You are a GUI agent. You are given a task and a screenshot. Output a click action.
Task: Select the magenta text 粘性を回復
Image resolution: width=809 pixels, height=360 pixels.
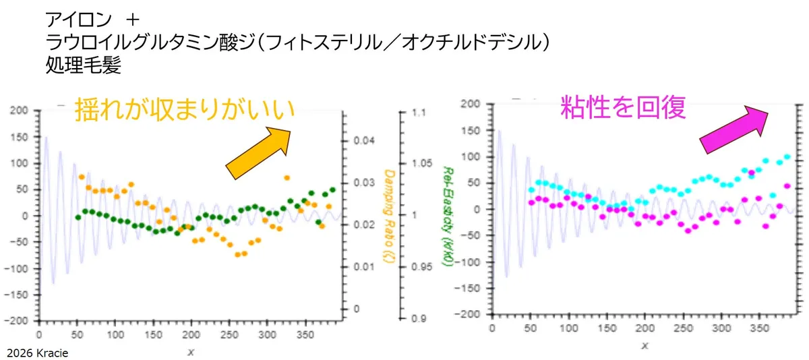click(x=623, y=107)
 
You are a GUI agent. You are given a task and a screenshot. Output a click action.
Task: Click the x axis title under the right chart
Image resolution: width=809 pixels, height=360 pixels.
click(x=645, y=345)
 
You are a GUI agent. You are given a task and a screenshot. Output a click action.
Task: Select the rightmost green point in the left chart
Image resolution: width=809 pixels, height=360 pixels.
click(x=332, y=190)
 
